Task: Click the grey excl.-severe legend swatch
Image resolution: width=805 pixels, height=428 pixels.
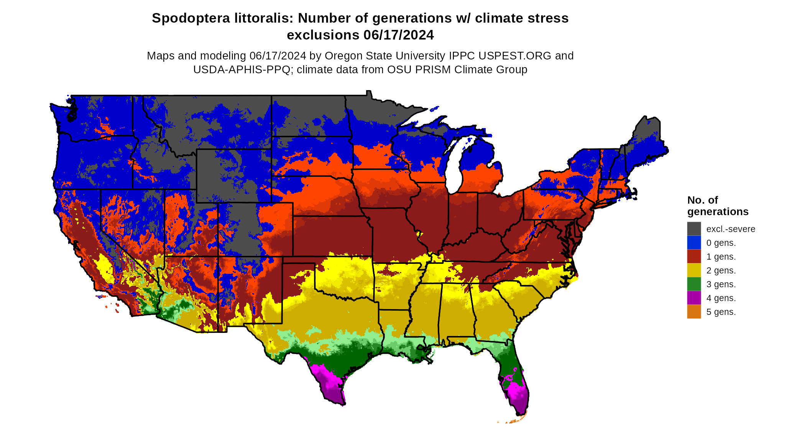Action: pyautogui.click(x=694, y=229)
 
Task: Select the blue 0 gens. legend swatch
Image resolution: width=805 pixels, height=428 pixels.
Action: pyautogui.click(x=694, y=243)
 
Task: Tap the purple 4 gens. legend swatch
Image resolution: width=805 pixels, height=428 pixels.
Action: pyautogui.click(x=694, y=298)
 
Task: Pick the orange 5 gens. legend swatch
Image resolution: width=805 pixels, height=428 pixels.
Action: pyautogui.click(x=694, y=312)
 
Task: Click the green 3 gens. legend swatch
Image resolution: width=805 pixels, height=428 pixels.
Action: pyautogui.click(x=694, y=284)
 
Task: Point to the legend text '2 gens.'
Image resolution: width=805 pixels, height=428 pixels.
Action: pyautogui.click(x=721, y=271)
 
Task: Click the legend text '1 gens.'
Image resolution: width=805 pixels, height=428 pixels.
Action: pyautogui.click(x=721, y=257)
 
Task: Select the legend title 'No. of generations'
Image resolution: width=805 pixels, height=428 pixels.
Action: pyautogui.click(x=718, y=206)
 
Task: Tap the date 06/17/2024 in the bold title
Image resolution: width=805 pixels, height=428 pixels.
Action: pyautogui.click(x=398, y=35)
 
